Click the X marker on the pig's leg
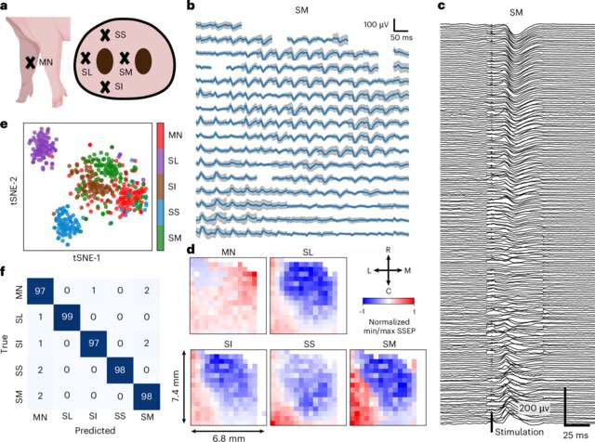coord(30,62)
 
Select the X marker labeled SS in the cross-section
coord(105,34)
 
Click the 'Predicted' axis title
coord(93,433)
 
